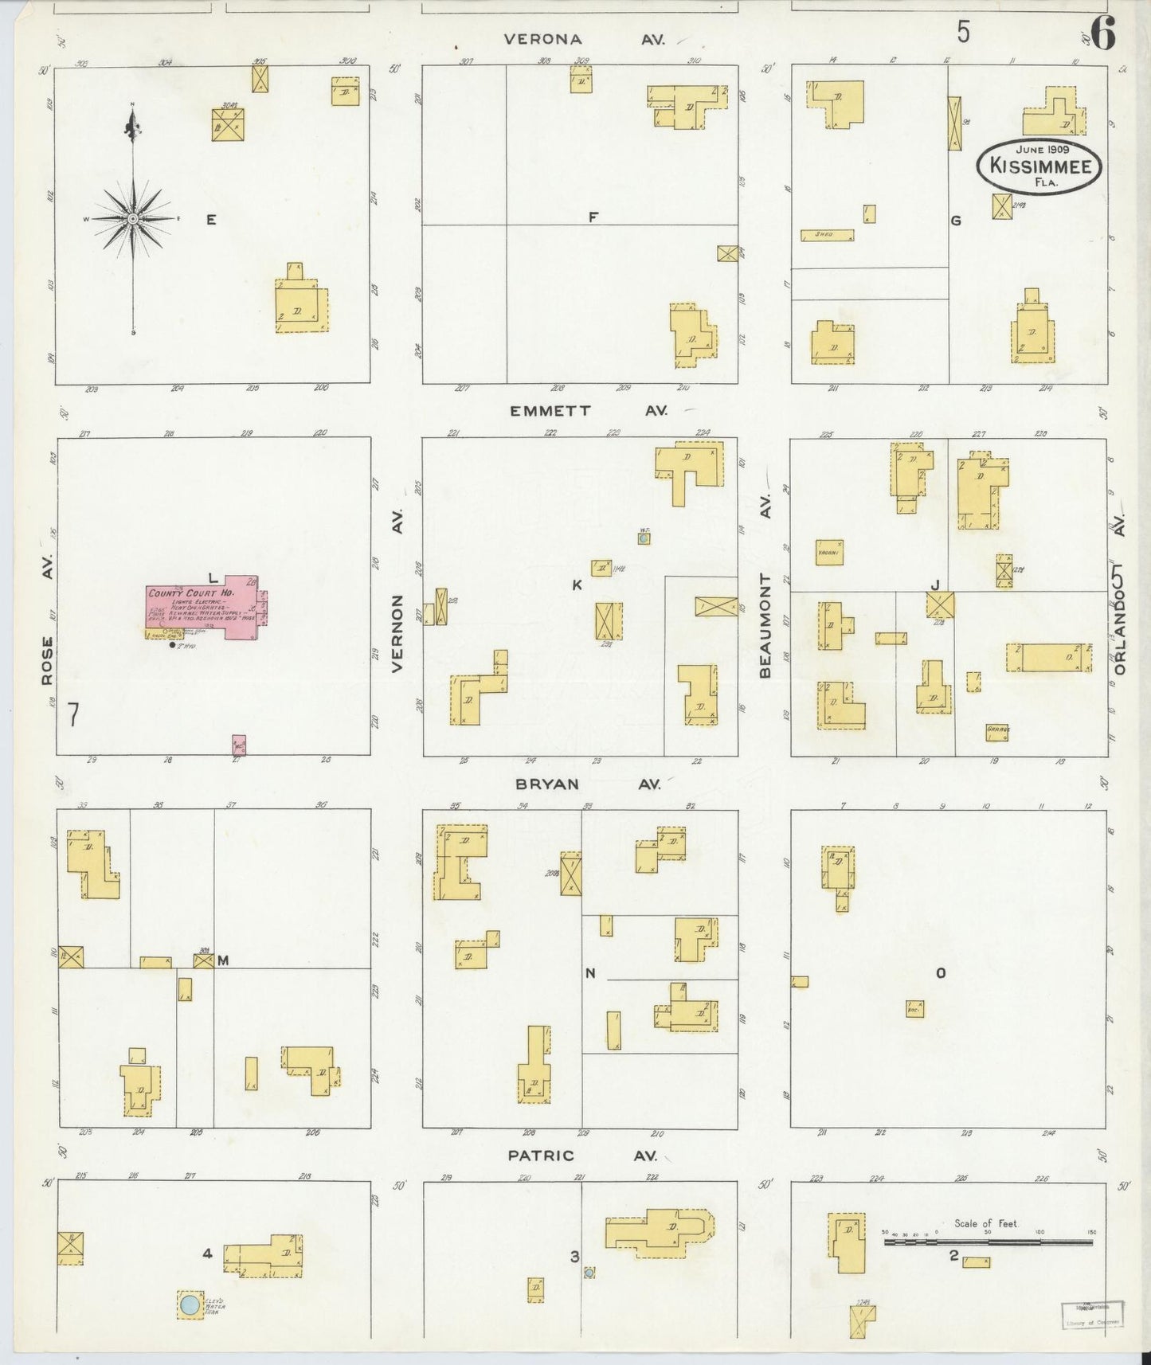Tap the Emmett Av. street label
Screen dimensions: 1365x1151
[x=588, y=411]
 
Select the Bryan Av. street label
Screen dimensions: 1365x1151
[x=587, y=784]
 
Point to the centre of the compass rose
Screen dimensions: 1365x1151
[x=133, y=218]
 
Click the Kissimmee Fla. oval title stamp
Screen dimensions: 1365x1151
[x=1039, y=166]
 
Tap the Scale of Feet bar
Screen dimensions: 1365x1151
[x=988, y=1241]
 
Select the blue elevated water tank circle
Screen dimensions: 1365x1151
[x=190, y=1304]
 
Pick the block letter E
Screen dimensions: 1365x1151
[x=211, y=220]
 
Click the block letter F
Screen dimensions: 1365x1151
[x=593, y=216]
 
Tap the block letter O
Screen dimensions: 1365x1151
[x=940, y=972]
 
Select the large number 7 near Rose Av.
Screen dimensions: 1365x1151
[x=73, y=715]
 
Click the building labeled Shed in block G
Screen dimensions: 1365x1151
[x=827, y=235]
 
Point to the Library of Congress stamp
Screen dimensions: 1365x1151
[x=1092, y=1314]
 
